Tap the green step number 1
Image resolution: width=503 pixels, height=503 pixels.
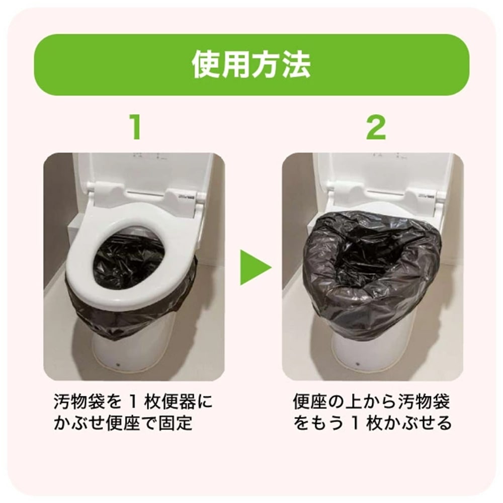(133, 128)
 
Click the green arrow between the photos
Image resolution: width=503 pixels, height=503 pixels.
(255, 267)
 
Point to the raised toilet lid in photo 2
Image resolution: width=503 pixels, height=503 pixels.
(382, 171)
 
